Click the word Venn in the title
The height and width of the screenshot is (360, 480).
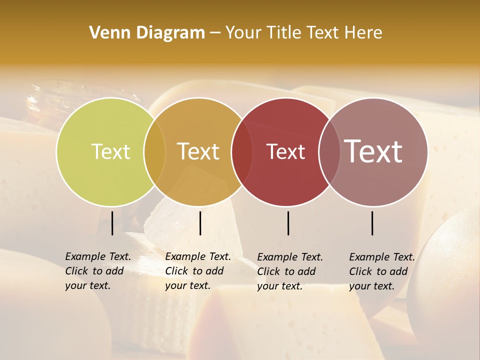tap(106, 32)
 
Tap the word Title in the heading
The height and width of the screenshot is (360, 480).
tap(284, 32)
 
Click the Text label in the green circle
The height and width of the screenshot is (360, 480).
tap(110, 151)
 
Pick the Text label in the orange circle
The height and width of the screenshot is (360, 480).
tap(198, 151)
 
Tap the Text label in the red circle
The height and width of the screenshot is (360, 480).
tap(285, 151)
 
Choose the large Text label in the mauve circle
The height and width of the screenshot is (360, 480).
tap(373, 151)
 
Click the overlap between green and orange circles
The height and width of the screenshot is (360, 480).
tap(154, 151)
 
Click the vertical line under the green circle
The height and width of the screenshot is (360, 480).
tap(112, 223)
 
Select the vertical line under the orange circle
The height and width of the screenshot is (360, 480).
tap(200, 223)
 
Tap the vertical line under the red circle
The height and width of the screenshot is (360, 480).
tap(288, 223)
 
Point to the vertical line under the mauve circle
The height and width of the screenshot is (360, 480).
tap(372, 223)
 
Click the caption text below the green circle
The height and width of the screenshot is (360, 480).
tap(97, 271)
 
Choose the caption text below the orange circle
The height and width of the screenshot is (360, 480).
tap(197, 271)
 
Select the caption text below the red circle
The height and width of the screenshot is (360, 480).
tap(289, 271)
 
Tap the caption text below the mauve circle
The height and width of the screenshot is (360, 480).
tap(381, 271)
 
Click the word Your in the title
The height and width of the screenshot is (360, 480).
tap(244, 32)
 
